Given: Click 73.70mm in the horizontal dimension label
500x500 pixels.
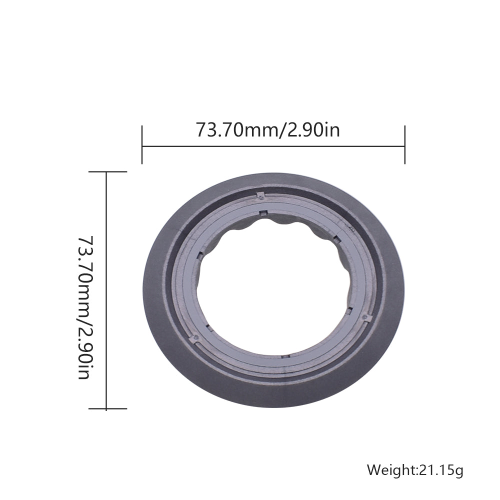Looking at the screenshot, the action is (237, 130).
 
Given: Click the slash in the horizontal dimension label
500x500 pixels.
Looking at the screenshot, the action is (283, 130).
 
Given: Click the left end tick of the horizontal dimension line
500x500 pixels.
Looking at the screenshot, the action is (142, 145).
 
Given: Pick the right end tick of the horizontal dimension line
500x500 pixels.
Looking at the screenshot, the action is (404, 145).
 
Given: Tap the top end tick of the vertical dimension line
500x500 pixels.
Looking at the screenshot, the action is (108, 171).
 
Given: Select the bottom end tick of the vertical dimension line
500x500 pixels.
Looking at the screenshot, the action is (108, 408).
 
